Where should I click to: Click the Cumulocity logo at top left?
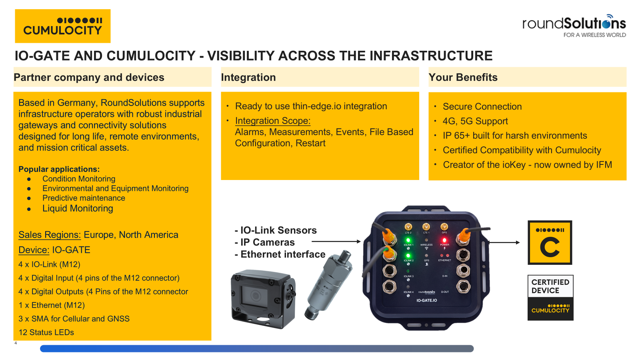click(x=63, y=26)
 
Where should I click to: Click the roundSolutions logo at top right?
click(x=574, y=26)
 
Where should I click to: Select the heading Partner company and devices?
click(x=89, y=77)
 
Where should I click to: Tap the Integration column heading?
click(x=248, y=77)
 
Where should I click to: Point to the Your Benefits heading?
click(x=463, y=77)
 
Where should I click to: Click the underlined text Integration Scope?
click(x=273, y=121)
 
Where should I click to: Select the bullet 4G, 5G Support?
click(x=475, y=121)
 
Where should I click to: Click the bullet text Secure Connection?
click(x=482, y=106)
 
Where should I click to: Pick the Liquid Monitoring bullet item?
click(x=78, y=208)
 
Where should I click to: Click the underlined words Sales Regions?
click(x=50, y=235)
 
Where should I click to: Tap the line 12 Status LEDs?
click(x=46, y=332)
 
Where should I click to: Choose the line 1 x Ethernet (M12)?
click(x=52, y=305)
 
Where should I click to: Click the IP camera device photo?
click(x=263, y=299)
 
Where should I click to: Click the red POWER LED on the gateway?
click(x=444, y=240)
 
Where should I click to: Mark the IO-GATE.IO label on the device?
click(x=426, y=300)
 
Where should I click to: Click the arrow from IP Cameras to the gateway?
click(x=336, y=242)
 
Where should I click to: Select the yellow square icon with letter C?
click(x=550, y=243)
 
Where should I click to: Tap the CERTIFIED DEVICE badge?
click(x=550, y=297)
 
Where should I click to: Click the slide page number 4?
click(x=16, y=343)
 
